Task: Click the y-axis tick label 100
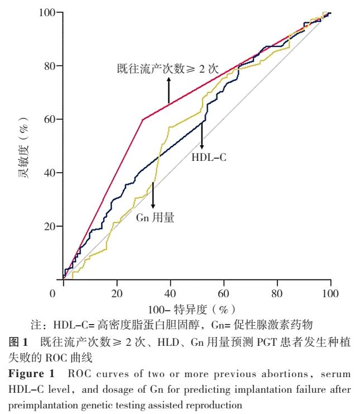[x=47, y=13]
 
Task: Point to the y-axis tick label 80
[x=50, y=66]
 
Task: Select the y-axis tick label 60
[x=50, y=120]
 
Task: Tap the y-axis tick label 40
[x=50, y=173]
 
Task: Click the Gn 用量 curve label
[x=155, y=218]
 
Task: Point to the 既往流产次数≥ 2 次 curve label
[x=167, y=69]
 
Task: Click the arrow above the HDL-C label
[x=202, y=134]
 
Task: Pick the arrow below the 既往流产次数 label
[x=169, y=90]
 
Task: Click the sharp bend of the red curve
[x=143, y=120]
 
